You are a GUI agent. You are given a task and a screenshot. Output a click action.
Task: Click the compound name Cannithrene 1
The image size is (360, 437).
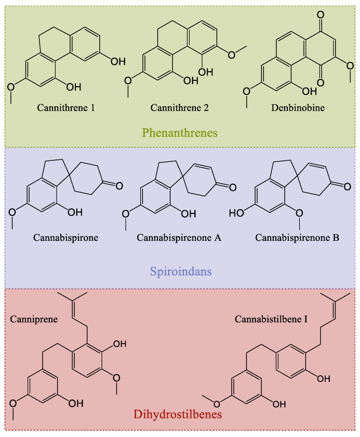66,108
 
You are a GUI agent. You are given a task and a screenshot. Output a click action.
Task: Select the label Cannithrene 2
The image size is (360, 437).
180,108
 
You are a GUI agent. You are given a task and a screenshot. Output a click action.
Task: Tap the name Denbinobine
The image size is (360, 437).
298,108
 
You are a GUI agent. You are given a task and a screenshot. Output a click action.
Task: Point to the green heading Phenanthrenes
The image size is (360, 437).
180,133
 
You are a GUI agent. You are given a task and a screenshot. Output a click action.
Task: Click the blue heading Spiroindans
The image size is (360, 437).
181,271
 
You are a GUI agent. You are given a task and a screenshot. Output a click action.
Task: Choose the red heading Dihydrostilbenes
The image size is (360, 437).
178,414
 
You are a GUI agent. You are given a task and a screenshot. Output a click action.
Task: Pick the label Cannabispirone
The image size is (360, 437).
66,238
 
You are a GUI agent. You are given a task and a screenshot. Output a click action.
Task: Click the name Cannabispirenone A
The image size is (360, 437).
179,238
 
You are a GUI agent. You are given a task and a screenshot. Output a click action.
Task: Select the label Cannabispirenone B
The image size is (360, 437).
297,238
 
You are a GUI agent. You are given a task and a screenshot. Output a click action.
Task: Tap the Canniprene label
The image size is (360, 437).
34,319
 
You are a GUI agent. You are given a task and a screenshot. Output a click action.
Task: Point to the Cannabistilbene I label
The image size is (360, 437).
271,319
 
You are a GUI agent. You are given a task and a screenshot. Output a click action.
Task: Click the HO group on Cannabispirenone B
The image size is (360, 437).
236,213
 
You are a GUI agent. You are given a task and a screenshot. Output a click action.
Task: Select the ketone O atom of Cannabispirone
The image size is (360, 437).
119,186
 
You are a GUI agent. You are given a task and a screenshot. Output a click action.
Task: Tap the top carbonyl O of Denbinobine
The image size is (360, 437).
321,15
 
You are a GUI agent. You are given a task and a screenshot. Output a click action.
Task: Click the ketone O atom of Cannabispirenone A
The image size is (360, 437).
233,187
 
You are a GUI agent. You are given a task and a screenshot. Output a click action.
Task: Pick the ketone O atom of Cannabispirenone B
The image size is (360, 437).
347,186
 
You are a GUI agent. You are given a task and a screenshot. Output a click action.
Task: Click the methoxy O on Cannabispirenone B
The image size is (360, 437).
299,213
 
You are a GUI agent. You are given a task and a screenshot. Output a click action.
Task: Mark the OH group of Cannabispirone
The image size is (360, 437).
75,212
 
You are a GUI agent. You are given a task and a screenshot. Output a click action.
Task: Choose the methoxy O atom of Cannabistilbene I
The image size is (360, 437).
217,404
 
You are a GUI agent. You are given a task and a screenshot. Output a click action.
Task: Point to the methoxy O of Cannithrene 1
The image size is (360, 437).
11,87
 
